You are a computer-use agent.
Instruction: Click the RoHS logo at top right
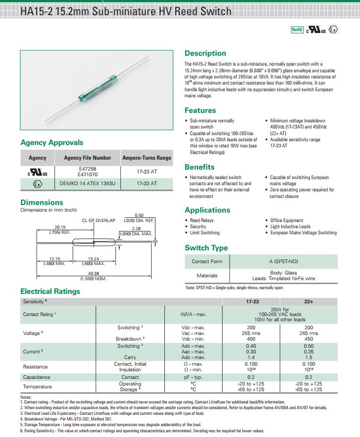[297, 29]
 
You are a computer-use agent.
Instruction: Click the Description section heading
[205, 53]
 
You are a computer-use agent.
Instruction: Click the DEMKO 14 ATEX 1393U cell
[87, 183]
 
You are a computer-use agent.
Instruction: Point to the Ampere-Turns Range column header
[146, 158]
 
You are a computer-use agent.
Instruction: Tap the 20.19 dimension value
[60, 227]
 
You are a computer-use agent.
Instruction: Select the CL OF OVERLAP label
[99, 221]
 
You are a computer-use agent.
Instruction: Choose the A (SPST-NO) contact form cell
[283, 261]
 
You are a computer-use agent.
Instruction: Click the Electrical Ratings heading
[50, 291]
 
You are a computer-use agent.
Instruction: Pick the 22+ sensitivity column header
[309, 301]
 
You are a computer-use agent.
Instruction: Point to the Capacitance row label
[36, 377]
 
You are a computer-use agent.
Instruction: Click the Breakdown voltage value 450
[309, 339]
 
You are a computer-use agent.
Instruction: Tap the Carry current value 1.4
[251, 358]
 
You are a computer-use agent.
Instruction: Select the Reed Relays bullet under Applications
[202, 221]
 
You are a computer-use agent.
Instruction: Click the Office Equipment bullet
[287, 221]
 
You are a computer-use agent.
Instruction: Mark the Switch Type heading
[206, 248]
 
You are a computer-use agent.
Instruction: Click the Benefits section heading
[199, 167]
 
